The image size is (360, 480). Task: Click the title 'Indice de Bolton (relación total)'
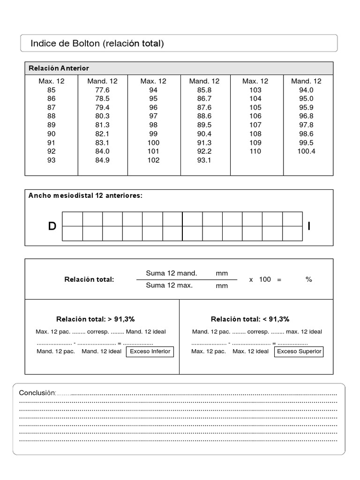(x=97, y=44)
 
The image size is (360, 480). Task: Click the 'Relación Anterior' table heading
(x=59, y=68)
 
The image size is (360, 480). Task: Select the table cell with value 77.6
(x=102, y=90)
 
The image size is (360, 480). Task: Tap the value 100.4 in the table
(x=307, y=151)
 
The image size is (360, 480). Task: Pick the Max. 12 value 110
(x=255, y=151)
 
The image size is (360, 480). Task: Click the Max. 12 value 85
(x=51, y=90)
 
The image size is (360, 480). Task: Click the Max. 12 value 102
(x=153, y=160)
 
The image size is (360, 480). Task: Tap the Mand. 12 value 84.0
(x=102, y=151)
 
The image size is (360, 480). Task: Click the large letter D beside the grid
(x=52, y=226)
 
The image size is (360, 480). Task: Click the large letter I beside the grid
(x=309, y=226)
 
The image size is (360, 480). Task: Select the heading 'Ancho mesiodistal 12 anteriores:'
(x=85, y=195)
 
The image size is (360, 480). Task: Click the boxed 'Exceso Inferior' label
(x=150, y=351)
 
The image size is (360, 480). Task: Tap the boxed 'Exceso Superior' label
(x=300, y=351)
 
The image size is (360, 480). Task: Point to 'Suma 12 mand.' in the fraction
(x=172, y=273)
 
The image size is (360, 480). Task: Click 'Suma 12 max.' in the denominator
(x=169, y=285)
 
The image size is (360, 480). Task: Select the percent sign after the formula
(x=308, y=279)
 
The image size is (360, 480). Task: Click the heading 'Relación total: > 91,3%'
(x=96, y=319)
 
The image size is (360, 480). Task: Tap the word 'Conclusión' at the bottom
(x=37, y=393)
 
